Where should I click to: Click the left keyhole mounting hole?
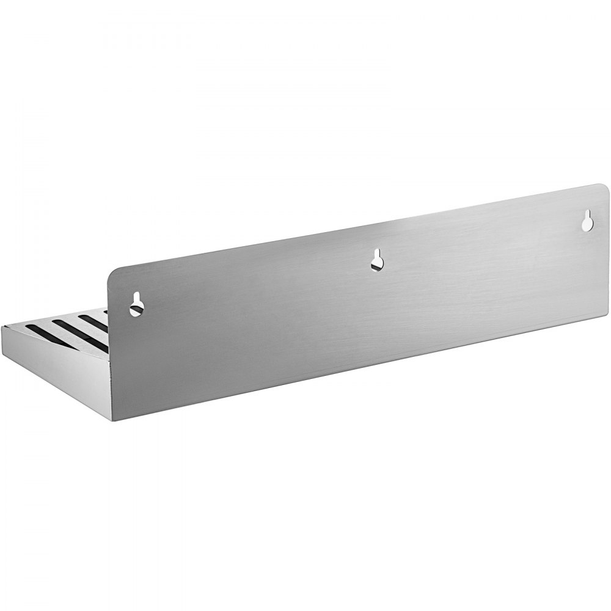pyautogui.click(x=136, y=304)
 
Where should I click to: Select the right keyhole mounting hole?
pyautogui.click(x=587, y=221)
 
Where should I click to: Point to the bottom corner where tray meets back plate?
pyautogui.click(x=113, y=420)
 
